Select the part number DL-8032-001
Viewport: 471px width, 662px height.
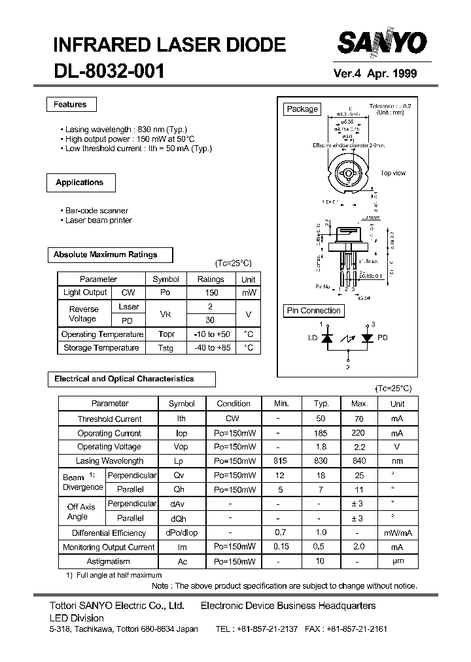[x=109, y=71]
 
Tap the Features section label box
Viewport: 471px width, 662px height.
[x=70, y=105]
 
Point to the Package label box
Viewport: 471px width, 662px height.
[x=302, y=109]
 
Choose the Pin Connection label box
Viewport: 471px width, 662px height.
[x=314, y=311]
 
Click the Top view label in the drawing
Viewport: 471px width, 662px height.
[x=393, y=173]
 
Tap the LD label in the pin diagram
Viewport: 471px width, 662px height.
[x=312, y=338]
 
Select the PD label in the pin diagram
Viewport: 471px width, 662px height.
[x=383, y=338]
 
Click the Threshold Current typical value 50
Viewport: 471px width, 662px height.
[x=321, y=419]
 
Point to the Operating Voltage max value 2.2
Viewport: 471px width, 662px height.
[x=359, y=447]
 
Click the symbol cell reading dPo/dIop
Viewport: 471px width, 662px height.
[x=182, y=533]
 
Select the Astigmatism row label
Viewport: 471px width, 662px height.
[x=109, y=561]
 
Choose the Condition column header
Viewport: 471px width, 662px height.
[x=234, y=404]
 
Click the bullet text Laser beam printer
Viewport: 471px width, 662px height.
[x=99, y=220]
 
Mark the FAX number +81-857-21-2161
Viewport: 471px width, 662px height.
[x=357, y=629]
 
